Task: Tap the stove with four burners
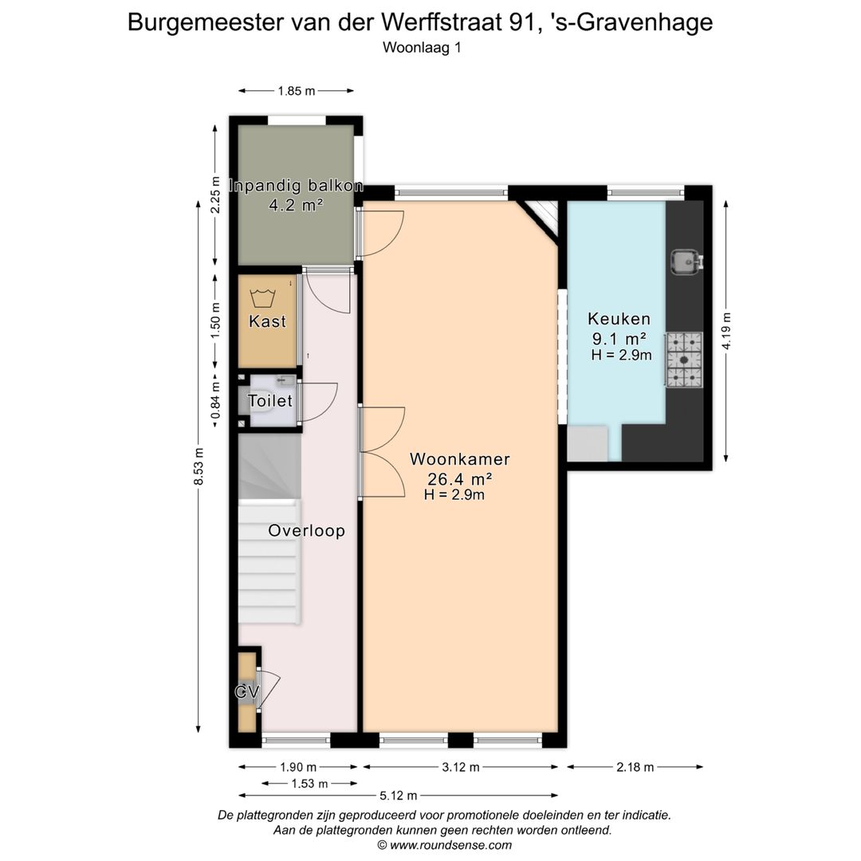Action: coord(685,360)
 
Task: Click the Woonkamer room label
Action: coord(459,459)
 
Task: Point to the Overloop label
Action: coord(306,531)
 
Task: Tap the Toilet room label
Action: coord(270,401)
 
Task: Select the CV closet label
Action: coord(246,692)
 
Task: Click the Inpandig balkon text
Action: coord(297,187)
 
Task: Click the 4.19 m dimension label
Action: coord(725,331)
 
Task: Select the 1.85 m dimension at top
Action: coord(296,91)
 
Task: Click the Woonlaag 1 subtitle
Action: coord(422,47)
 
